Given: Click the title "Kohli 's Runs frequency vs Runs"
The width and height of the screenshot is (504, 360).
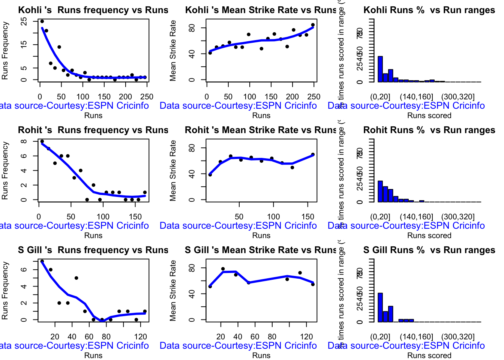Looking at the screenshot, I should (93, 10).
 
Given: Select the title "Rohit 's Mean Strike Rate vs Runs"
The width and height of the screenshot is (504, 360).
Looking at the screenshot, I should (261, 130).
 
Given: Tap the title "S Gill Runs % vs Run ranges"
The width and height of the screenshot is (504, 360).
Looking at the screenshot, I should (429, 250).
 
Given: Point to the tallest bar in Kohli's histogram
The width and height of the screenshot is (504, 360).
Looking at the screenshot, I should (380, 69).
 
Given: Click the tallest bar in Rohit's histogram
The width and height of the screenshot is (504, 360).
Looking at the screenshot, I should (380, 191).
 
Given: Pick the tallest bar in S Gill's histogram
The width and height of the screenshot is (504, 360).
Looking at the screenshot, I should (380, 307).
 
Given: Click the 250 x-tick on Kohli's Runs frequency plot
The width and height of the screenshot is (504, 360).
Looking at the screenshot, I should (147, 97).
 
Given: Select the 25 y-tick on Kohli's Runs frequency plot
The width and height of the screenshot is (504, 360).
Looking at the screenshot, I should (24, 21).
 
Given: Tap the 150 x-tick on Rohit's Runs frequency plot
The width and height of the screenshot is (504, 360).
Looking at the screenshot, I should (135, 217).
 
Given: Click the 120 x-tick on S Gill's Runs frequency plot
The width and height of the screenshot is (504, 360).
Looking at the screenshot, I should (141, 337).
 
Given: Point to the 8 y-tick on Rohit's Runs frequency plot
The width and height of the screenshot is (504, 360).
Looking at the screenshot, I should (24, 141).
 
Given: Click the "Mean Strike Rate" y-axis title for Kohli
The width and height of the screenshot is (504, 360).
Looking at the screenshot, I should (173, 51).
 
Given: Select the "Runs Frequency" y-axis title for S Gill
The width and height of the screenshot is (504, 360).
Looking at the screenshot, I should (5, 291).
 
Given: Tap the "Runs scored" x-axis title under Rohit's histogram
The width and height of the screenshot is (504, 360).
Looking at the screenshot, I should (429, 235).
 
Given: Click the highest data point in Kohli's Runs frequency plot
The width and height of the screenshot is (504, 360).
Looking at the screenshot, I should (42, 21).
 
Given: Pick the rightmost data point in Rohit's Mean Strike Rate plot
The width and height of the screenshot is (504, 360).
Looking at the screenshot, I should (313, 154).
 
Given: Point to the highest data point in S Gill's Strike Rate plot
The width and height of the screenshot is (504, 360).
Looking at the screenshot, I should (223, 269).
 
